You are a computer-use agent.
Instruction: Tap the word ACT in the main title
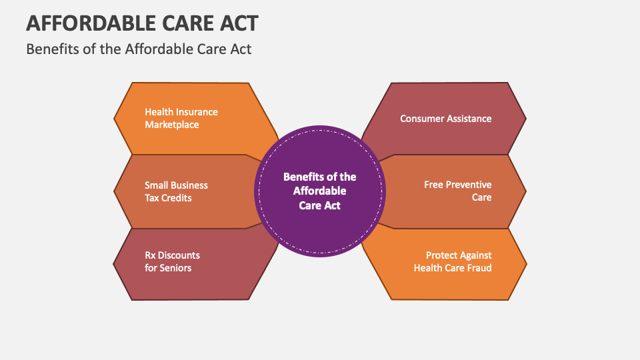(239, 23)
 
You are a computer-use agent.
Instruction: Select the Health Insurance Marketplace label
(181, 118)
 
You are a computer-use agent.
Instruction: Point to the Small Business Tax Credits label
(176, 191)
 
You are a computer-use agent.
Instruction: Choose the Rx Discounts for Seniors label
(172, 261)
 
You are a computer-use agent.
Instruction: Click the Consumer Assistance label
(446, 119)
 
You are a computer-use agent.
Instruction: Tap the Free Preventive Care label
(457, 191)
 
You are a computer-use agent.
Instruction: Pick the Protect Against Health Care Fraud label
(453, 261)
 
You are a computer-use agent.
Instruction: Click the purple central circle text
(319, 191)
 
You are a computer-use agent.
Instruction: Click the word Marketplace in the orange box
(172, 125)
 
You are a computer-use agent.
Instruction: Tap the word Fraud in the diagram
(479, 268)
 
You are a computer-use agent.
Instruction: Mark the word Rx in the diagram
(150, 255)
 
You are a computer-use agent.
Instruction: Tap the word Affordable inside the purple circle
(319, 191)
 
